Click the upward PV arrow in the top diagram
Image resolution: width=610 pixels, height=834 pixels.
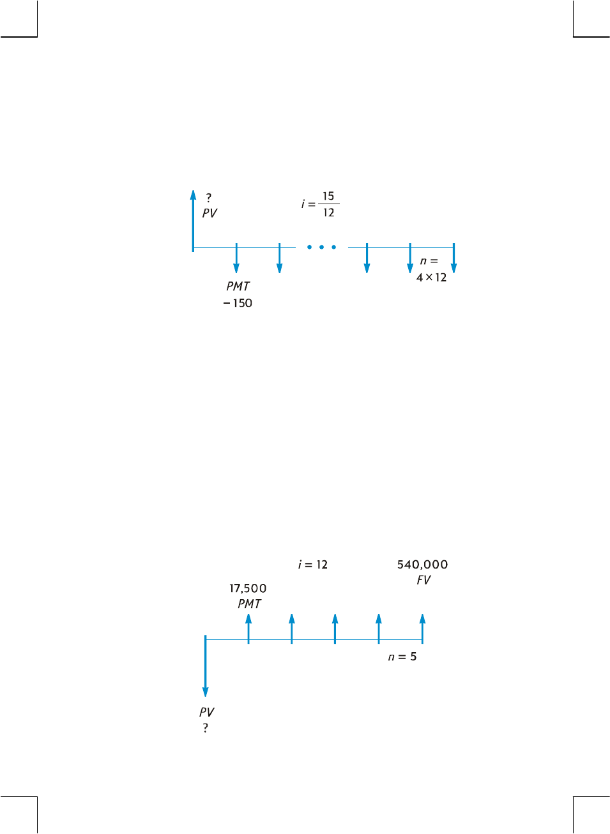[193, 221]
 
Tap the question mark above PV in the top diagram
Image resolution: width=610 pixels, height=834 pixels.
[208, 198]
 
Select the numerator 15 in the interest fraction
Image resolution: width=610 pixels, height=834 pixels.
[328, 196]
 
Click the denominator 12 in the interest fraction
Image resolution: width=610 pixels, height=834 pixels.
[328, 212]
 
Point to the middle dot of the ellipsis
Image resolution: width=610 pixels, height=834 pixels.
[321, 247]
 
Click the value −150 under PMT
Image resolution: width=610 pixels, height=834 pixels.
[238, 303]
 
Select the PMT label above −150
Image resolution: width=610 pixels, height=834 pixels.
[238, 287]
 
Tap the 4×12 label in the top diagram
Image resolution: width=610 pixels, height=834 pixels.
[431, 278]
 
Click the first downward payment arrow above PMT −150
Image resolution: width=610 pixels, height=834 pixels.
[236, 258]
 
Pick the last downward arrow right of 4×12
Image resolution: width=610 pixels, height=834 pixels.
[454, 258]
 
